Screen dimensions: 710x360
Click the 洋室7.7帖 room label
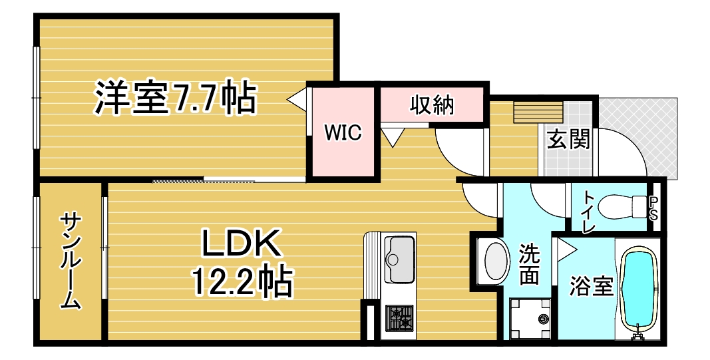coord(175,97)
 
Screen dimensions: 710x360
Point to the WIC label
coord(343,132)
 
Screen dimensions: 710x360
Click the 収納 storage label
coord(432,105)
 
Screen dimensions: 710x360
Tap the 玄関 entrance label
coord(568,139)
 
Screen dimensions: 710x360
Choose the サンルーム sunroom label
coord(70,262)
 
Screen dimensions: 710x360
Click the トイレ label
coord(588,212)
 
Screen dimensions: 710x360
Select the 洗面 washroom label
coord(529,264)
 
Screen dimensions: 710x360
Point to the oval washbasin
coord(496,262)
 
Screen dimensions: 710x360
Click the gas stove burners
coord(399,317)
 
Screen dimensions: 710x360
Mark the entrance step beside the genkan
coord(538,112)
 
